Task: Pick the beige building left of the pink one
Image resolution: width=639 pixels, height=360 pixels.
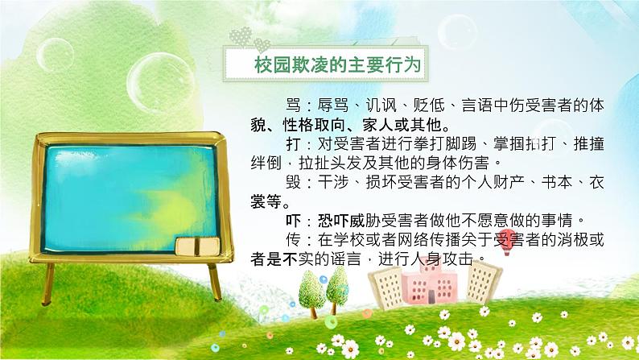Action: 387,289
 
